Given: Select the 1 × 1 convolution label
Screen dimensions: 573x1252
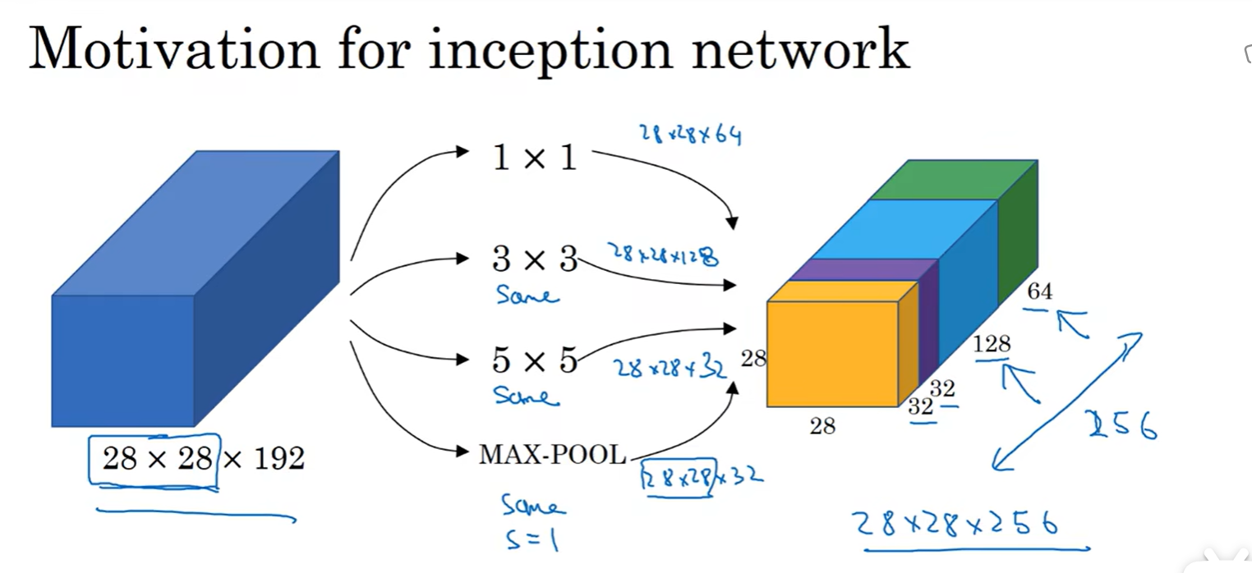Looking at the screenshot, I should coord(534,157).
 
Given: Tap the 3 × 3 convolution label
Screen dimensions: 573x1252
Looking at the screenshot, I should coord(535,259).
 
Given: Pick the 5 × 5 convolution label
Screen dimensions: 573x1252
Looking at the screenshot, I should coord(534,360).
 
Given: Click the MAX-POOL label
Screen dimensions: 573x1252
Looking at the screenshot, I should coord(552,454).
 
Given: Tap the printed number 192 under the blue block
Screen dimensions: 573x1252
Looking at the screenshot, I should coord(278,458).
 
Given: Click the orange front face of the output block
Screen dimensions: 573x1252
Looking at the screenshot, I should coord(832,353).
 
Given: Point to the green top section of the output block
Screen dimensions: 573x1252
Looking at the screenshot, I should coord(953,180).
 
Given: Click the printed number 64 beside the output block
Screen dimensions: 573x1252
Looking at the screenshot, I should coord(1039,291).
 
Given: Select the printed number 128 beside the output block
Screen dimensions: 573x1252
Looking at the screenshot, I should coord(992,344).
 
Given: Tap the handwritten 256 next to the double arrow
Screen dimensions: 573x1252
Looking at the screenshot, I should coord(1121,424).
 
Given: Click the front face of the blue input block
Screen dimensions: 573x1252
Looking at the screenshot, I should coord(123,360).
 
